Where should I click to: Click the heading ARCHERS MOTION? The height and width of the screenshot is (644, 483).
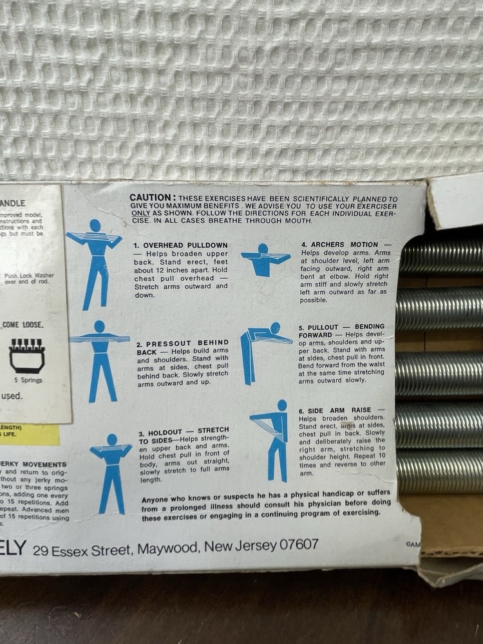pos(343,245)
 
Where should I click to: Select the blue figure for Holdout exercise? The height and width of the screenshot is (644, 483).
pos(111,471)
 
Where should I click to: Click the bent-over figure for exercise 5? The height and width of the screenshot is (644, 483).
pos(261,351)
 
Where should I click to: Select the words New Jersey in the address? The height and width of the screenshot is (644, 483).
pos(239,546)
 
